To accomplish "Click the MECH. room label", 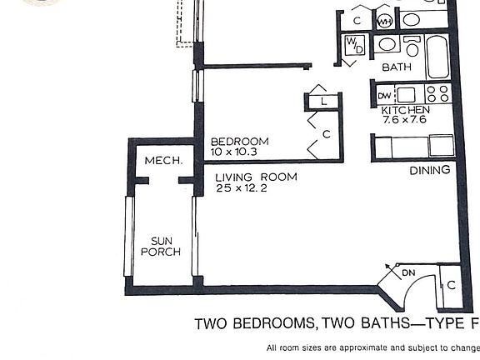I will pos(163,160).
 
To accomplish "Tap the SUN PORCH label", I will pos(160,245).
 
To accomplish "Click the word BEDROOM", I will pos(239,142).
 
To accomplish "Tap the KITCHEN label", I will pos(405,110).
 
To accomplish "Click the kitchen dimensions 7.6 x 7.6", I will pos(405,120).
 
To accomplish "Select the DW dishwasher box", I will pos(384,95).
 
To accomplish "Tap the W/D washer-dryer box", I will pos(353,45).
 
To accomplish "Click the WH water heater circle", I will pos(385,22).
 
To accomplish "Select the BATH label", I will pos(397,67).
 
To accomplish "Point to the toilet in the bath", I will pos(412,47).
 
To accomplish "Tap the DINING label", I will pos(429,170).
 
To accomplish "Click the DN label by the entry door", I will pos(408,272).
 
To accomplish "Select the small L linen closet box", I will pos(323,102).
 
